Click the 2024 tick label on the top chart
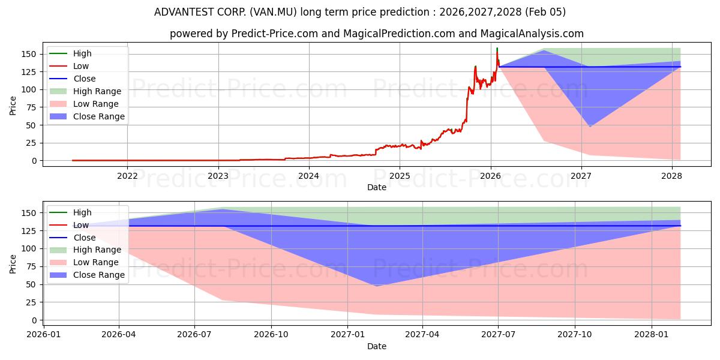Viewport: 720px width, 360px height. pos(308,176)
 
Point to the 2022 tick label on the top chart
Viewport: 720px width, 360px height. pos(127,176)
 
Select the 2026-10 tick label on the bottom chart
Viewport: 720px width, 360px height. pos(271,335)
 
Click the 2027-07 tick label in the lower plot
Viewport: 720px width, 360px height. pos(499,335)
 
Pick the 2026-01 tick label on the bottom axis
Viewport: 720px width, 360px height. pos(43,335)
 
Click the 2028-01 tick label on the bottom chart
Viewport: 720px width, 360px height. pos(651,335)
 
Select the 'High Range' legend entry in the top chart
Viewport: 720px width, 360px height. pos(97,91)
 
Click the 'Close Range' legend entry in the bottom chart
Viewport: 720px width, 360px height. pos(99,275)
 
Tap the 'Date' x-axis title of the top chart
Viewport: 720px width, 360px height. pos(377,187)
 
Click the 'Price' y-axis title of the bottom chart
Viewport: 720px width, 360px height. pos(13,263)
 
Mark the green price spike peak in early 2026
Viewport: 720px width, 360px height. pos(497,48)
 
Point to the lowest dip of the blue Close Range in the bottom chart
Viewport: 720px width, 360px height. pos(377,286)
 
